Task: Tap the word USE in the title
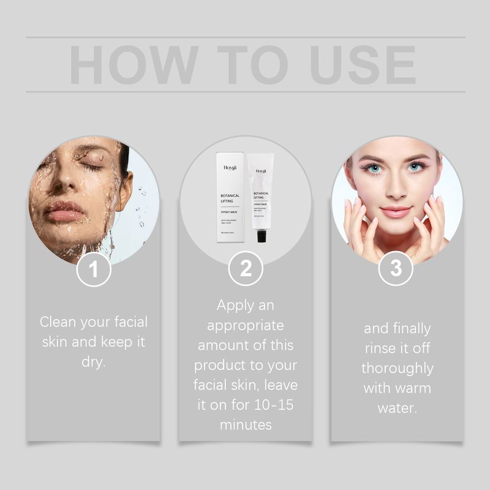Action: (363, 64)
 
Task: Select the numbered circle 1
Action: (94, 269)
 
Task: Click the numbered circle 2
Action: (246, 269)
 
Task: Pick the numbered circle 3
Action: (396, 269)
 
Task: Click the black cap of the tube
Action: (262, 236)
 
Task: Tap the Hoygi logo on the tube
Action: (261, 171)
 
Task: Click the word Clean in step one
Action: (58, 322)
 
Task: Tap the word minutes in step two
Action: (245, 425)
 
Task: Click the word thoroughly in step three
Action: (397, 369)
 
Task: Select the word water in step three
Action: (397, 408)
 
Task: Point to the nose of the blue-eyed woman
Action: (396, 189)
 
